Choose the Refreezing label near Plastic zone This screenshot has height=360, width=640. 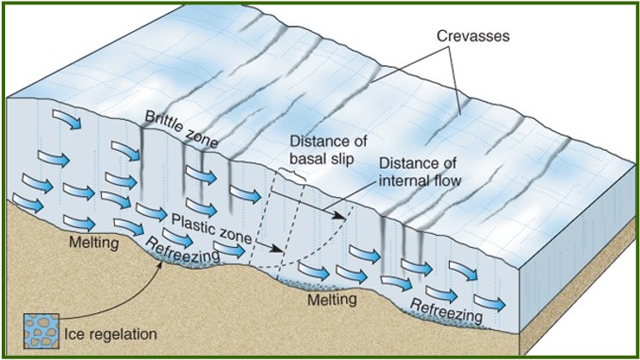[182, 245]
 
